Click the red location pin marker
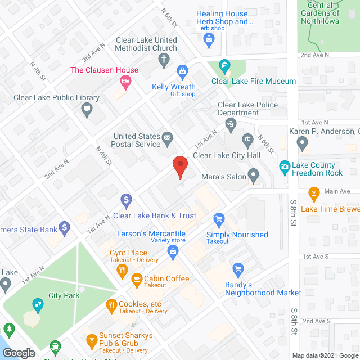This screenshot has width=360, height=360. coord(179,166)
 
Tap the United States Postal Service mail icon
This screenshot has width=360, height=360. coord(167,137)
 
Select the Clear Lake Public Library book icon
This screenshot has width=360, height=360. coord(87,109)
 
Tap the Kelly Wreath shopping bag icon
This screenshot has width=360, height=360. coord(182,71)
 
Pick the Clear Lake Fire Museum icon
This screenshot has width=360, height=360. coord(225,66)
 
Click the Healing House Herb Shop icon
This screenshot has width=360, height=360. coord(209,39)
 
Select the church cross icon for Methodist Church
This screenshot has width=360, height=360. coord(164,60)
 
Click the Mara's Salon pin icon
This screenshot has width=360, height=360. coord(254,177)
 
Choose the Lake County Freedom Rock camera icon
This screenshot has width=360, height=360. coord(285,166)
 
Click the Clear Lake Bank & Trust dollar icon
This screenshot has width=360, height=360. coord(127,200)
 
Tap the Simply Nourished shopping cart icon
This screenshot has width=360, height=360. coord(219,219)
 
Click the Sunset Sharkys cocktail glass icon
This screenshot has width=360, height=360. coord(92,340)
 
